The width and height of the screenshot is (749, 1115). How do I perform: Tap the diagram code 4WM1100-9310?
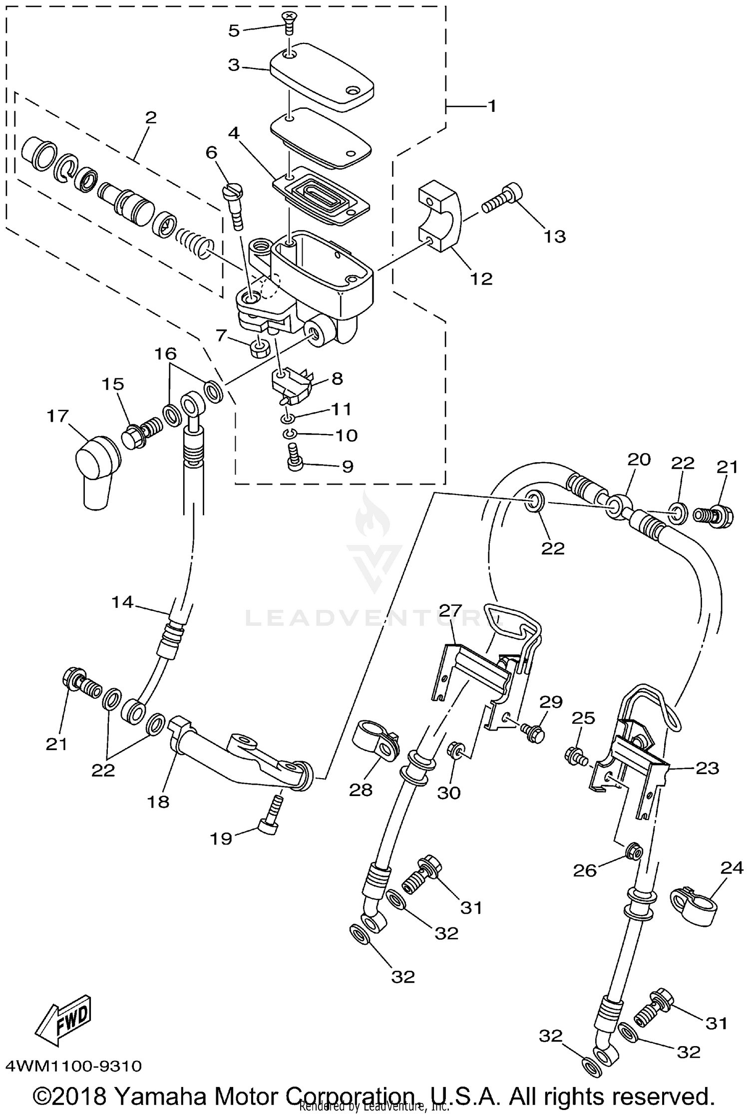(x=74, y=1067)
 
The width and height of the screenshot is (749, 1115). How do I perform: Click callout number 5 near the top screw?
(x=234, y=31)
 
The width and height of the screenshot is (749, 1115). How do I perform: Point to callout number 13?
(x=554, y=236)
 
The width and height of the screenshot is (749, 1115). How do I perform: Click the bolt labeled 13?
(x=503, y=198)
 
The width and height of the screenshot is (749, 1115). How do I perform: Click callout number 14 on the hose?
(x=122, y=602)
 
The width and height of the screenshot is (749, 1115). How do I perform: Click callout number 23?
(x=707, y=768)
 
